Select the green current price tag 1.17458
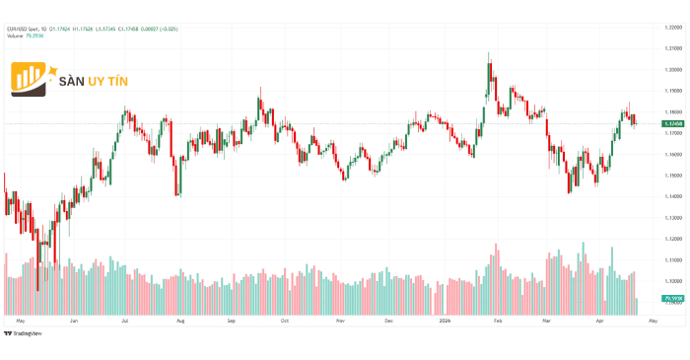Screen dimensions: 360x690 click(674, 123)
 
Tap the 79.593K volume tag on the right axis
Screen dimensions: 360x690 click(674, 297)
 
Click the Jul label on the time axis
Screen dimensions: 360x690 click(125, 321)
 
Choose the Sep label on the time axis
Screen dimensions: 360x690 click(232, 321)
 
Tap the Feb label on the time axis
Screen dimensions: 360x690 click(498, 321)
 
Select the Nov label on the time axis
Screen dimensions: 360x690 click(340, 321)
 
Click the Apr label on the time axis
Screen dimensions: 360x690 click(598, 321)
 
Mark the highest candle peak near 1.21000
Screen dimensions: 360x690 click(489, 53)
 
